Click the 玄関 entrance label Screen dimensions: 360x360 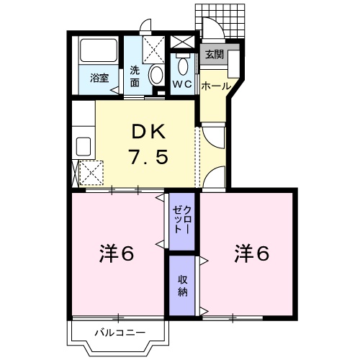[x=215, y=55]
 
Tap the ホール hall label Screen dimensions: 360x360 [x=216, y=86]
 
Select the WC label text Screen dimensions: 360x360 [x=183, y=84]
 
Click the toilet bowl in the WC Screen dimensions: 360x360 [x=184, y=66]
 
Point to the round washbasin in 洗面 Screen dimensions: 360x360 [x=156, y=75]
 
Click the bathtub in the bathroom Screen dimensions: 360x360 [x=99, y=50]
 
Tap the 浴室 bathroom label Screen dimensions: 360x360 [x=99, y=78]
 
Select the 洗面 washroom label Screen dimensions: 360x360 [x=135, y=76]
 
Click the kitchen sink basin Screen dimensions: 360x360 [x=84, y=147]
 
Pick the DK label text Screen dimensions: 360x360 [x=149, y=132]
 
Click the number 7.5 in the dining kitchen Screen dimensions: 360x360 [x=148, y=156]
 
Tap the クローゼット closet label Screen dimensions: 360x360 [x=182, y=220]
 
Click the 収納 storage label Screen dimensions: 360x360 [x=182, y=286]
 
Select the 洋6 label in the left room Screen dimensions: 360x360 [x=117, y=253]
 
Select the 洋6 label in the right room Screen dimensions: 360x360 [x=252, y=253]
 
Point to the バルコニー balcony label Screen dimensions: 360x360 [x=120, y=333]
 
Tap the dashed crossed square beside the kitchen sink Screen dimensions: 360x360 [x=91, y=173]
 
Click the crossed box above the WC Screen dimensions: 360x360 [x=182, y=42]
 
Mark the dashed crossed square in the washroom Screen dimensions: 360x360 [x=153, y=50]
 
